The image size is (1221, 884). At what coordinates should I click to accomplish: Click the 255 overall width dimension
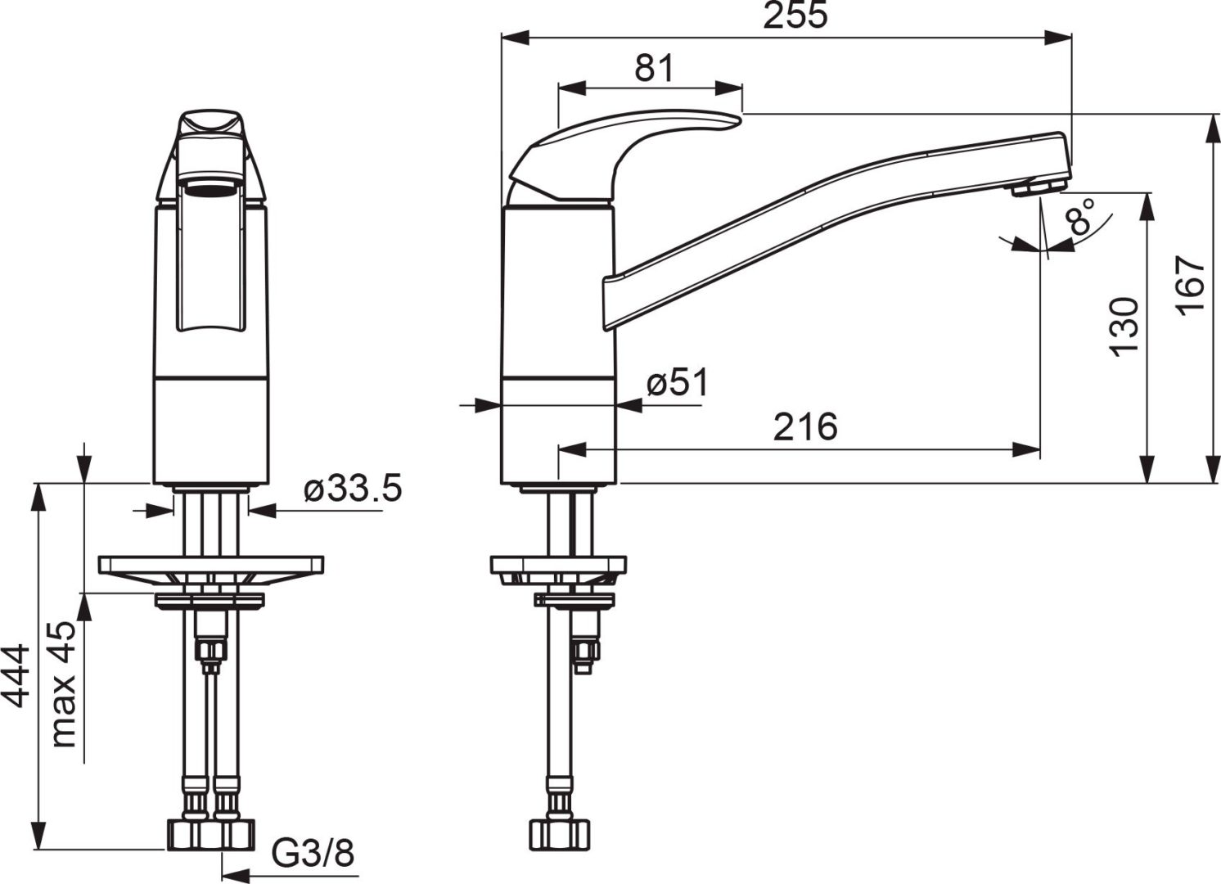coord(795,16)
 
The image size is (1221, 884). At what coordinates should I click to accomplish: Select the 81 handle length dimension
coord(654,68)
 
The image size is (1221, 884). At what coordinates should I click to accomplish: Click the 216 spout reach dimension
coord(804,426)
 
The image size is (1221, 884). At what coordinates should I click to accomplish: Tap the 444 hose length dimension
coord(16,675)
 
